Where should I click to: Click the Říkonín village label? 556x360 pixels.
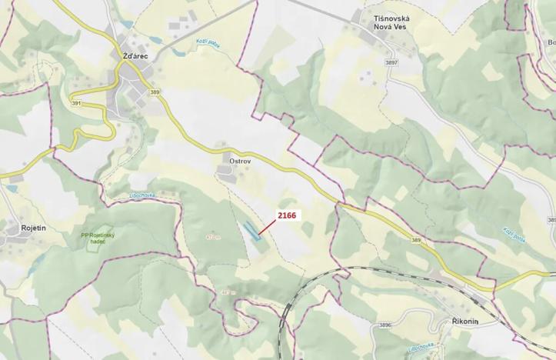coord(462,321)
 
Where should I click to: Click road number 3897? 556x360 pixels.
coord(391,62)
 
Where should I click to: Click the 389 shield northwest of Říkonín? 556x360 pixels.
coord(417,240)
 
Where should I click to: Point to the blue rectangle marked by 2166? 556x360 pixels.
coord(251,232)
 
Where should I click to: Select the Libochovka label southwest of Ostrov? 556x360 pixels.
coord(142,196)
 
